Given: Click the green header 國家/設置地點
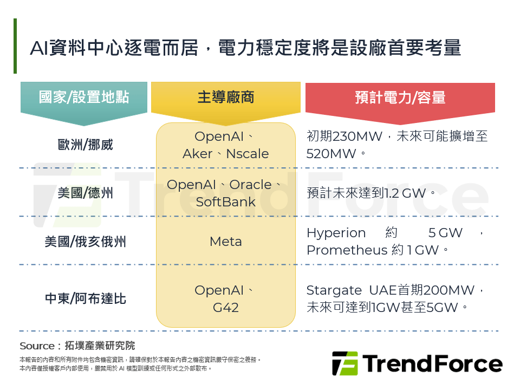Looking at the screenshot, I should click(84, 97).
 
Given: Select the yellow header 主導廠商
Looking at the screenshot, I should click(225, 97).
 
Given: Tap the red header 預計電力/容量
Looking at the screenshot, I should click(400, 97).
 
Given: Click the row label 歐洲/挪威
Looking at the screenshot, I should click(85, 145).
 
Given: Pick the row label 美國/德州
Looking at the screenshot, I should click(85, 193).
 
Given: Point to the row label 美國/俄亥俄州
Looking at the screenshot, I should click(85, 242).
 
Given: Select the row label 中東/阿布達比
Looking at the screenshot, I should click(85, 298).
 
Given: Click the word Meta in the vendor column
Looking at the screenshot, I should click(226, 242).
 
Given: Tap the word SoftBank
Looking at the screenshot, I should click(226, 202).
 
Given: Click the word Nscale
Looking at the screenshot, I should click(247, 154).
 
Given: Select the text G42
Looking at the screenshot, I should click(226, 308).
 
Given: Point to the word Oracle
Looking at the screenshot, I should click(250, 185).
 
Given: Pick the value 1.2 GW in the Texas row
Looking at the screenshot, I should click(406, 193).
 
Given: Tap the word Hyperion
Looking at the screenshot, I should click(336, 233).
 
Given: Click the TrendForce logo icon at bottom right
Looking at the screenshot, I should click(345, 363).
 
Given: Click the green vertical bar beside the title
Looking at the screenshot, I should click(15, 46).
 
